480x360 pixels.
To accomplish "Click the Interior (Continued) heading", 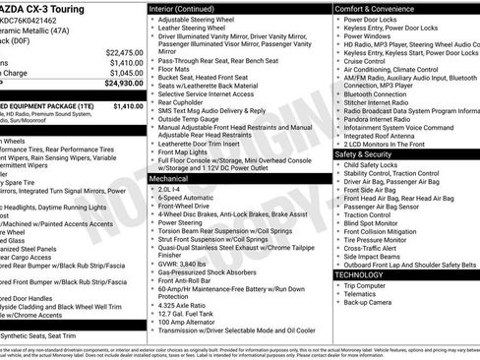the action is tap(189, 8).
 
